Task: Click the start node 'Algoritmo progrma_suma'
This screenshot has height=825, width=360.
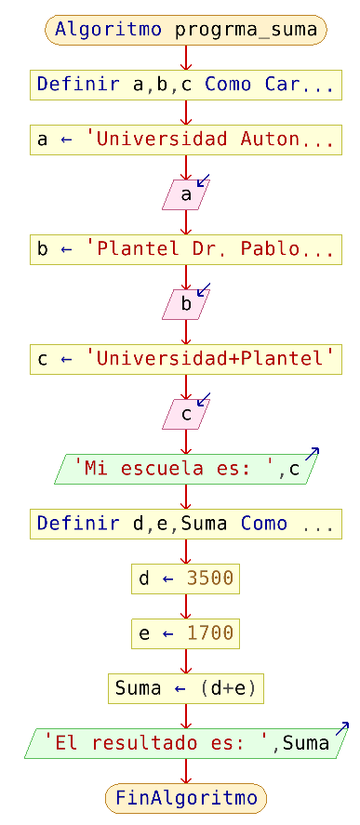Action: (186, 30)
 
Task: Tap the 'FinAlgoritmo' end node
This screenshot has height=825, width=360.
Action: (186, 798)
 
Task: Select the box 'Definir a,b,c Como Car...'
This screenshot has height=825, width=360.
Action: (186, 85)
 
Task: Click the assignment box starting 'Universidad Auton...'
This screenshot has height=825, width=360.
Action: (186, 140)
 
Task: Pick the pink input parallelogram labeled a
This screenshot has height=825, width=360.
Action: (186, 194)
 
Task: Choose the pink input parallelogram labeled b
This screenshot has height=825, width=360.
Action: (186, 304)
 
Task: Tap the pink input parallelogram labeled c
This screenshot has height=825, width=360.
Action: (186, 414)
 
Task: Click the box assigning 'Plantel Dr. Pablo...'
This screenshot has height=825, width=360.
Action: (186, 249)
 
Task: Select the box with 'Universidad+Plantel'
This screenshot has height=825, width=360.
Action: (186, 359)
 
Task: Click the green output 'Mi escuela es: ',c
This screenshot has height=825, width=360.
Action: (186, 469)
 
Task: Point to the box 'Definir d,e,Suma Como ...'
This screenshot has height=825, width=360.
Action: (186, 524)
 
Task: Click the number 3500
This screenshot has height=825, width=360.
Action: (210, 579)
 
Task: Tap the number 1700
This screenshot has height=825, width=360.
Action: (210, 633)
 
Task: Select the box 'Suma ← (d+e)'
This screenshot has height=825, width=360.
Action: (186, 688)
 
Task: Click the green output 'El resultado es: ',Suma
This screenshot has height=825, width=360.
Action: (186, 743)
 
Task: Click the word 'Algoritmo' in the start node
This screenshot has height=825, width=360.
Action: (110, 30)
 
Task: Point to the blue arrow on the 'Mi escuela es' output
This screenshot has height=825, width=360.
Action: (313, 455)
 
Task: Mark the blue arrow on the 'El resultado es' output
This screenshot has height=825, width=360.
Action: (341, 728)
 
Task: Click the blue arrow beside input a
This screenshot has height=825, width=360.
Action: (204, 180)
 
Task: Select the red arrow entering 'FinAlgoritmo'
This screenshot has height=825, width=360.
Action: (186, 775)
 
